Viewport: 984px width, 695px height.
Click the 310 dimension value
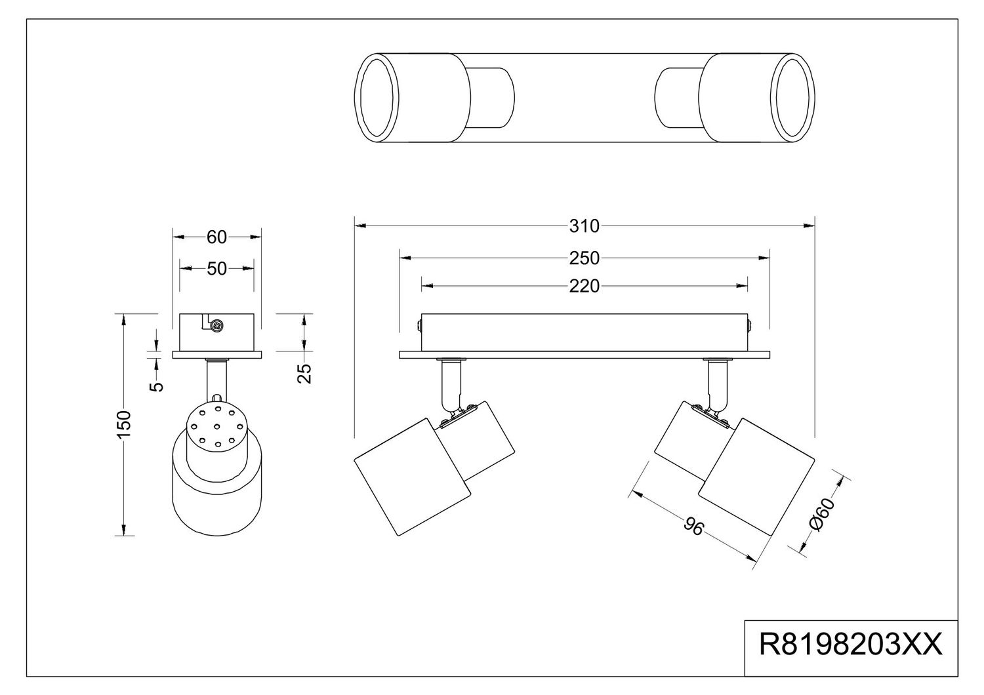coord(584,226)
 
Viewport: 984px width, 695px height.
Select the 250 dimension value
coord(584,258)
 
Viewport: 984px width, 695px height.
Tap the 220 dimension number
coord(584,286)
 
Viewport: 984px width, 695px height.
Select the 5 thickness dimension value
coord(156,385)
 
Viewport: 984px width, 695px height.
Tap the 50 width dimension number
coord(216,268)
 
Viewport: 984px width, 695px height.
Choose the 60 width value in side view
coord(216,237)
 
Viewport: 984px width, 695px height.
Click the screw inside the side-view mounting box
coord(216,323)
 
